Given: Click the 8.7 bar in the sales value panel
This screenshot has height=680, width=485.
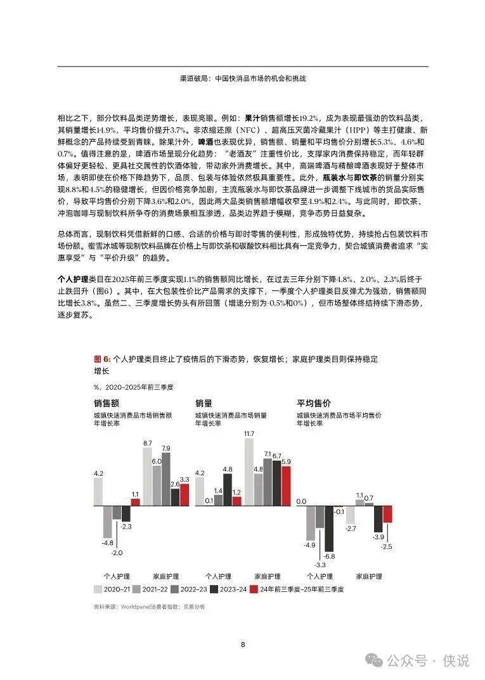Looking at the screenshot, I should coord(147,477).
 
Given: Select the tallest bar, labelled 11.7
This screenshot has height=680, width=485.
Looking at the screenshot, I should coord(249,472).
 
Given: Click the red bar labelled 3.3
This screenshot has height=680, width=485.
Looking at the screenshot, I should coord(184,494).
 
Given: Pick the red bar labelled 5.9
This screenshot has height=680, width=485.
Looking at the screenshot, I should coord(286,485).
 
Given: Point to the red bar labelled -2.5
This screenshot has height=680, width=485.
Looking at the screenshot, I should coord(387,514).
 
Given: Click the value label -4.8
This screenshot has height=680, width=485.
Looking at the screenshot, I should coord(107,542).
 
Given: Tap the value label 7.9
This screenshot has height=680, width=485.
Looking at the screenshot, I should coord(166,448).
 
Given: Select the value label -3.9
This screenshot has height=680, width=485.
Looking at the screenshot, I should coord(378,537).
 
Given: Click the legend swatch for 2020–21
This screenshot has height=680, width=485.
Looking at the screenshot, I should coord(98,589).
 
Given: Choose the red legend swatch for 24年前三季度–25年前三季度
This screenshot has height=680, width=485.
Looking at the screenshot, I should coord(254,589).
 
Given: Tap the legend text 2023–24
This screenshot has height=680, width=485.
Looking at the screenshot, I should coord(233,589).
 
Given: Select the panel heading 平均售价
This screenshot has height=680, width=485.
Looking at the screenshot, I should coord(314,403).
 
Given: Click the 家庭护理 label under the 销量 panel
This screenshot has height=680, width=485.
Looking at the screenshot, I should coord(267,576).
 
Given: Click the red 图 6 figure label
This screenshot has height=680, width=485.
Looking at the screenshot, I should coord(101,359).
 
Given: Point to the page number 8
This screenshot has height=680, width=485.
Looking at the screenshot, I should coord(243,645).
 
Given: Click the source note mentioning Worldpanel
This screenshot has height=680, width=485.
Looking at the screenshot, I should coord(149,607).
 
